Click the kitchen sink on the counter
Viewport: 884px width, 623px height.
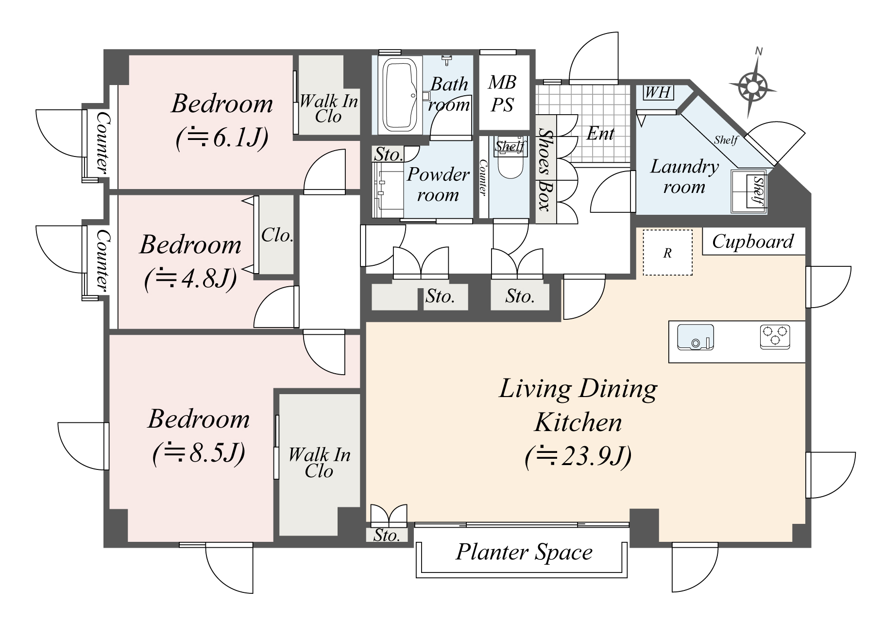click(x=695, y=337)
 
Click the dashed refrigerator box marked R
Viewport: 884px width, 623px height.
click(x=668, y=253)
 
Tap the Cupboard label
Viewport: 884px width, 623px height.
click(x=753, y=242)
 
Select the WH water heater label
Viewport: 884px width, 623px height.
click(x=658, y=92)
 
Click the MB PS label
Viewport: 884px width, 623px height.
click(x=502, y=93)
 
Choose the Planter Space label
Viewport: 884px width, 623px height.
click(x=524, y=553)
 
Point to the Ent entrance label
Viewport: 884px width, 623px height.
click(x=600, y=133)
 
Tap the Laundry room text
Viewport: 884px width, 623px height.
click(x=684, y=177)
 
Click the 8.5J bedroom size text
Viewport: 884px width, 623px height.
click(x=199, y=453)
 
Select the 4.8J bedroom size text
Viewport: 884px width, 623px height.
click(x=190, y=279)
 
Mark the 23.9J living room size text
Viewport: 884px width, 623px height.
click(x=578, y=457)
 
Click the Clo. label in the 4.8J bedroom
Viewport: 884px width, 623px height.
click(x=277, y=236)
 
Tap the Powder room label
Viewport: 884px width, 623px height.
click(x=438, y=185)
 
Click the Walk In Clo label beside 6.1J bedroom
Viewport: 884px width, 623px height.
click(x=328, y=109)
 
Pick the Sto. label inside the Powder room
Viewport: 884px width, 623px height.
click(x=389, y=155)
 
